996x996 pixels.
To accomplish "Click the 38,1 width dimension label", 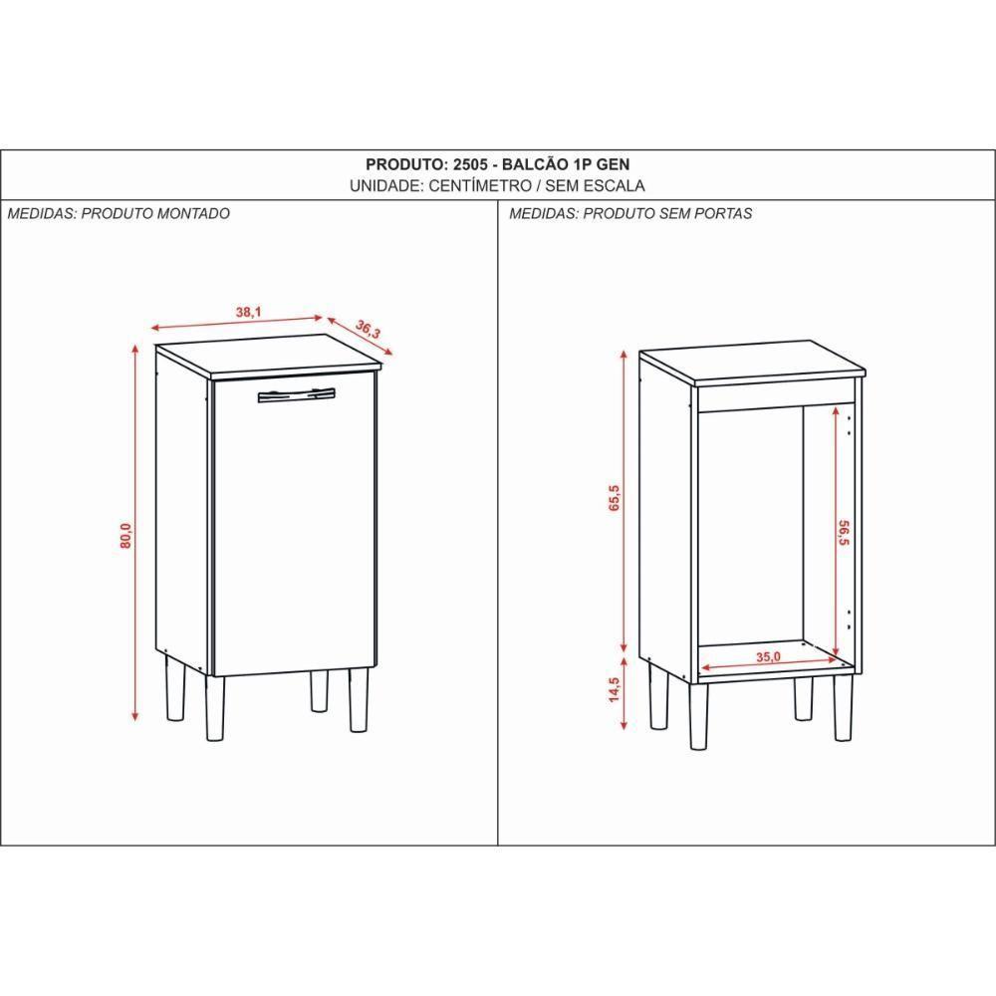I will click(248, 313).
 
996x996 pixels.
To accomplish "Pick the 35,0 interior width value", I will click(767, 656).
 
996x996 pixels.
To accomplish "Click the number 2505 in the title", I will click(468, 164).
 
